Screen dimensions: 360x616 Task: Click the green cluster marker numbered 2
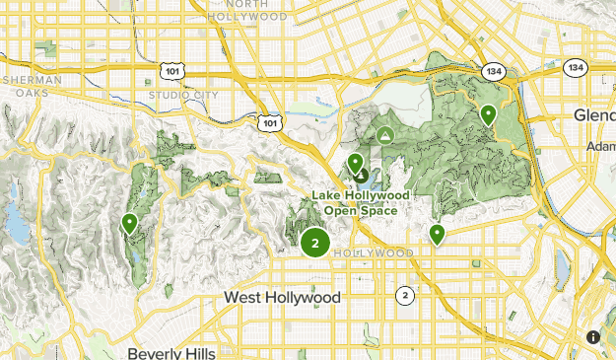click(314, 243)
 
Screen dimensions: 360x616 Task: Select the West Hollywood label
click(282, 297)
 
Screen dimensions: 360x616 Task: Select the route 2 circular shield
click(404, 295)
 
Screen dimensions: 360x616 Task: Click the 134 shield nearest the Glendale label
click(577, 68)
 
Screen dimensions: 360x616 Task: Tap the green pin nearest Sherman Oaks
click(129, 225)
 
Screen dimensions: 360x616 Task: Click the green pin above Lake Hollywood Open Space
click(355, 164)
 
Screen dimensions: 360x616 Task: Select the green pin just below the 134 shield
click(487, 115)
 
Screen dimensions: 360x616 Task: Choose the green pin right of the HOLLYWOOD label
click(436, 234)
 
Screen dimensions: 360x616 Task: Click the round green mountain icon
click(385, 133)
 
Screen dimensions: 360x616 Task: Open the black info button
click(593, 337)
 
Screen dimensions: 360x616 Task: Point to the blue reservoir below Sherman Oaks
click(16, 223)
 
